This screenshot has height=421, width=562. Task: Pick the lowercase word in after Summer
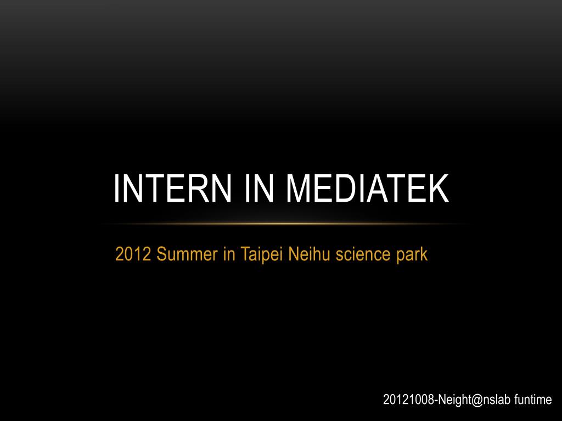coord(229,254)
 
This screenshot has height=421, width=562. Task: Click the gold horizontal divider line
coord(285,224)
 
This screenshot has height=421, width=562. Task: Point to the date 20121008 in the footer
coord(408,400)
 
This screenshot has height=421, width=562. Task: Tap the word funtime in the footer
coord(533,400)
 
